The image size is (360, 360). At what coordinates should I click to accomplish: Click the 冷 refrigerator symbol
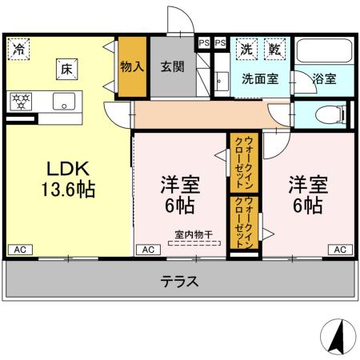tap(18, 49)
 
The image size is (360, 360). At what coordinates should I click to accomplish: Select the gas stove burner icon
tap(20, 102)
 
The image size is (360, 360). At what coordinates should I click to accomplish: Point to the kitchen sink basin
tap(63, 102)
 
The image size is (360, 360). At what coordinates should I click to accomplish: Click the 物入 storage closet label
tap(131, 67)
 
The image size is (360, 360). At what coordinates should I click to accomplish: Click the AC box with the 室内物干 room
tap(148, 250)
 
